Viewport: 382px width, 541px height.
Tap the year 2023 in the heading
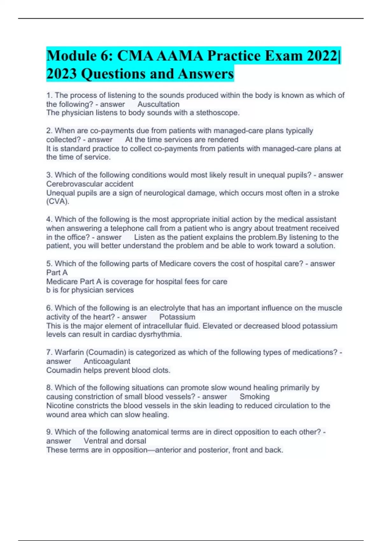(61, 74)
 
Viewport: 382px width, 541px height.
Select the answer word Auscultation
(158, 104)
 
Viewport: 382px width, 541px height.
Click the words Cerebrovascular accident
(90, 184)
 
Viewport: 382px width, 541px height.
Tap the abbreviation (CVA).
(58, 201)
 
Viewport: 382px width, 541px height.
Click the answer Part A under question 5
(57, 272)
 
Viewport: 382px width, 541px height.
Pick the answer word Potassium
(177, 317)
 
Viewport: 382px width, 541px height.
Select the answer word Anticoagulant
(107, 361)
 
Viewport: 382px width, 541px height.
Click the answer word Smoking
(254, 397)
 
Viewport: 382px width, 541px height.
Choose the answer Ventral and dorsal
(115, 441)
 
